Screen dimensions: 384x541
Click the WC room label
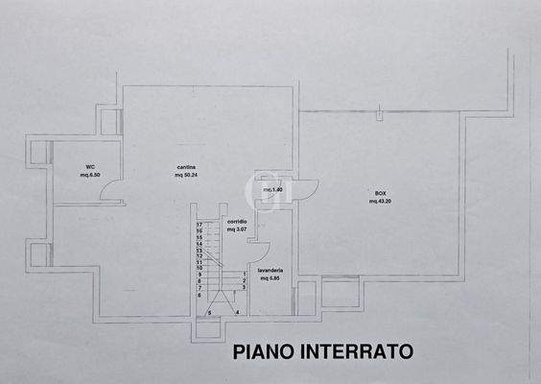(89, 166)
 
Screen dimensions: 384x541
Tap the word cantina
(186, 166)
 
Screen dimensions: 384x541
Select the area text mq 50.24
(186, 176)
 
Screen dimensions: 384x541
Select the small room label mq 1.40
(273, 190)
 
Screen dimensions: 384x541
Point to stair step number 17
(199, 225)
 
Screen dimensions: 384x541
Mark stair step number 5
(209, 313)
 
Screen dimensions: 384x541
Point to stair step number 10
(199, 268)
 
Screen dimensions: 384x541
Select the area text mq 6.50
(89, 176)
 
